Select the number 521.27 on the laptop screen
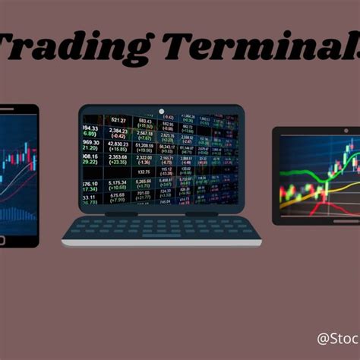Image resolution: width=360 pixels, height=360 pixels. [118, 120]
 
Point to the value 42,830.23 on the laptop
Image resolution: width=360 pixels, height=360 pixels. [118, 143]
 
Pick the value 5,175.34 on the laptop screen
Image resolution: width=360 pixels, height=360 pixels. [118, 183]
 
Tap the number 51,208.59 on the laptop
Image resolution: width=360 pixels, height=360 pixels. [144, 144]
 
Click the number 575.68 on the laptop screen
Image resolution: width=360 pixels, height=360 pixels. [118, 195]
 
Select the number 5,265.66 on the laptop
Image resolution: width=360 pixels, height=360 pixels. [144, 182]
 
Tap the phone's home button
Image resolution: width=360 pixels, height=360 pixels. [2, 241]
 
